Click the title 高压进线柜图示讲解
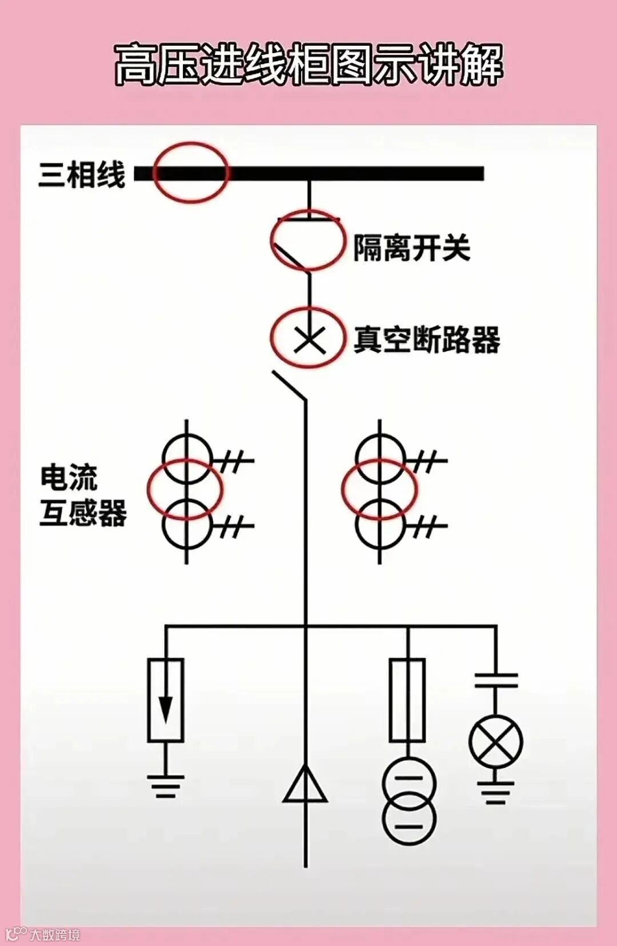click(308, 64)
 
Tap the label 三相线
click(82, 174)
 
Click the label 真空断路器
click(426, 340)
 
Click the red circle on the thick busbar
click(190, 173)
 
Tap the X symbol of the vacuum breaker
click(309, 341)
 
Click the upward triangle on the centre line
click(306, 786)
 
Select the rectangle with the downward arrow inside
click(166, 700)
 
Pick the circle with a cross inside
click(495, 742)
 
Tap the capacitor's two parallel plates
click(496, 680)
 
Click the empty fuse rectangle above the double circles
click(407, 700)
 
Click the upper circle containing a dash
click(409, 783)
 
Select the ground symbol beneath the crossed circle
click(495, 793)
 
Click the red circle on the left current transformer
click(185, 489)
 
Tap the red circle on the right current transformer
click(379, 489)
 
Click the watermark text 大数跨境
click(55, 935)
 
